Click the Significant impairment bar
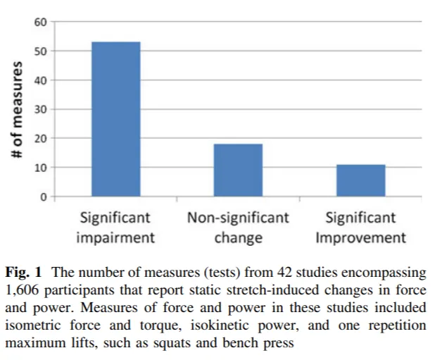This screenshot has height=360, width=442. [x=115, y=119]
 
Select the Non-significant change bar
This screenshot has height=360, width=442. [x=238, y=170]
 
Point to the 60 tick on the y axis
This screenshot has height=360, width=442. [x=42, y=22]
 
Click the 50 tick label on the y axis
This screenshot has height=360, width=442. [x=42, y=51]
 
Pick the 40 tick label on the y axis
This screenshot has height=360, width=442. [x=42, y=80]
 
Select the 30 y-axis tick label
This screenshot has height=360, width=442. [x=42, y=109]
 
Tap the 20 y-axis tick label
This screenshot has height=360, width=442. [x=42, y=138]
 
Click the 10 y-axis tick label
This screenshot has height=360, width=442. [x=42, y=168]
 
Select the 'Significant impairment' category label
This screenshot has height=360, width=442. [x=115, y=227]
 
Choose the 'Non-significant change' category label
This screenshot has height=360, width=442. [x=238, y=227]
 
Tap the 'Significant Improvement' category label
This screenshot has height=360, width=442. [x=360, y=227]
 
